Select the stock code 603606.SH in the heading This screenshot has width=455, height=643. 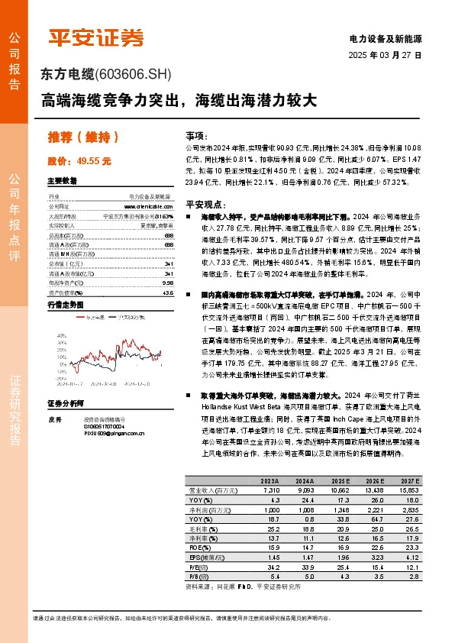pos(134,75)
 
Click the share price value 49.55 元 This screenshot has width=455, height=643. pos(95,162)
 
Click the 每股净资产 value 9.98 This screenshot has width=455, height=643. pos(167,283)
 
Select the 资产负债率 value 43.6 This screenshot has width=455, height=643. pos(167,292)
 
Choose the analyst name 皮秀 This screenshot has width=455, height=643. pos(54,419)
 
